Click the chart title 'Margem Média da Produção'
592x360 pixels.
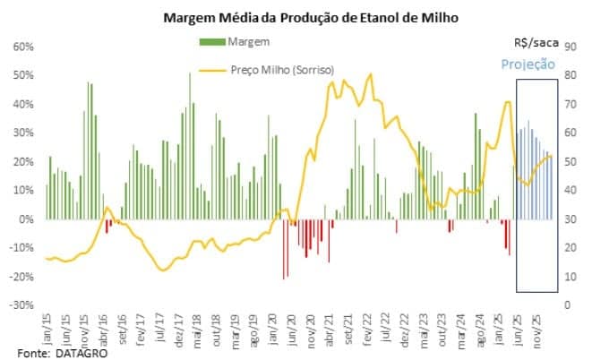295,17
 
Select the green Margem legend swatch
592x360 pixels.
211,42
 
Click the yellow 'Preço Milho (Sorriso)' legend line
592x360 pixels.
211,70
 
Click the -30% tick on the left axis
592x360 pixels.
21,305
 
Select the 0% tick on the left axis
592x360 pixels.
26,219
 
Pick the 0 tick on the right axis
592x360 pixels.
567,305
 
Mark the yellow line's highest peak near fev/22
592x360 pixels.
371,75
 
